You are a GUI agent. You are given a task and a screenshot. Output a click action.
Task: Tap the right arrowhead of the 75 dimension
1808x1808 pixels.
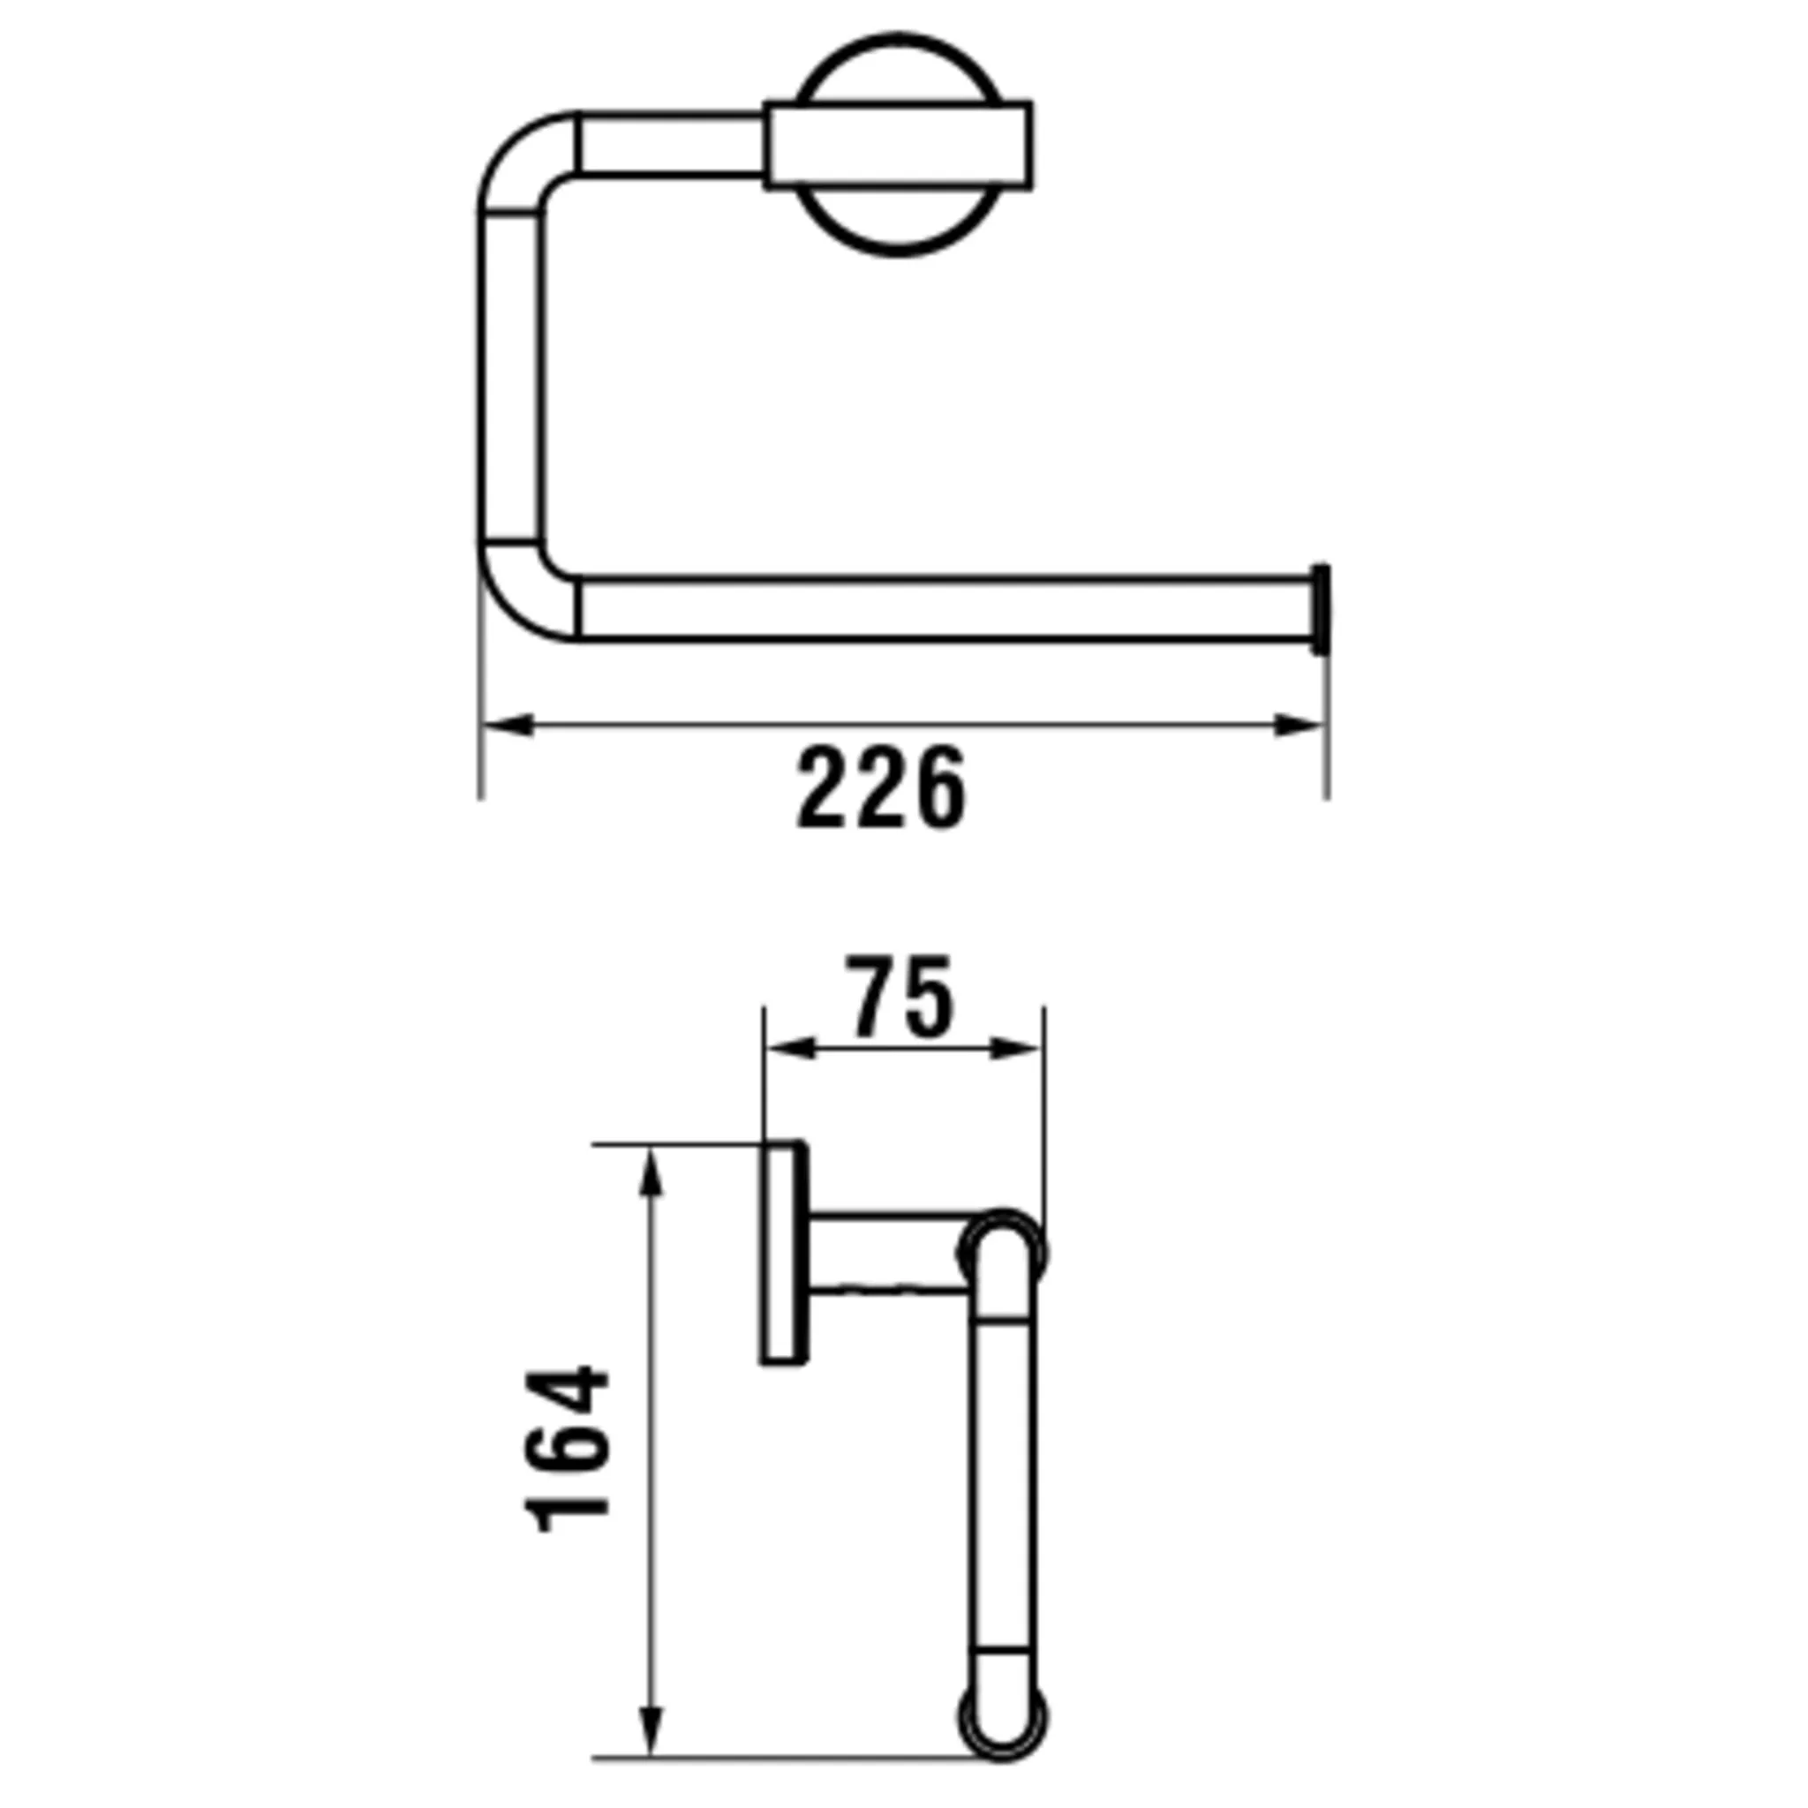(1016, 1049)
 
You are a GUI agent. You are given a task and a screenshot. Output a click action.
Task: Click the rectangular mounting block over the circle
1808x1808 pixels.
(899, 146)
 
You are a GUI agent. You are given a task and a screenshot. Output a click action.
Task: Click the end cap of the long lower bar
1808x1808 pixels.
(1321, 610)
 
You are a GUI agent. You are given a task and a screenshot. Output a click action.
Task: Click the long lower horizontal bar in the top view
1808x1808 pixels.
(936, 610)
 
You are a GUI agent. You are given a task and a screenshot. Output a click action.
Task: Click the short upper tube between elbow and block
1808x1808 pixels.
(670, 144)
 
